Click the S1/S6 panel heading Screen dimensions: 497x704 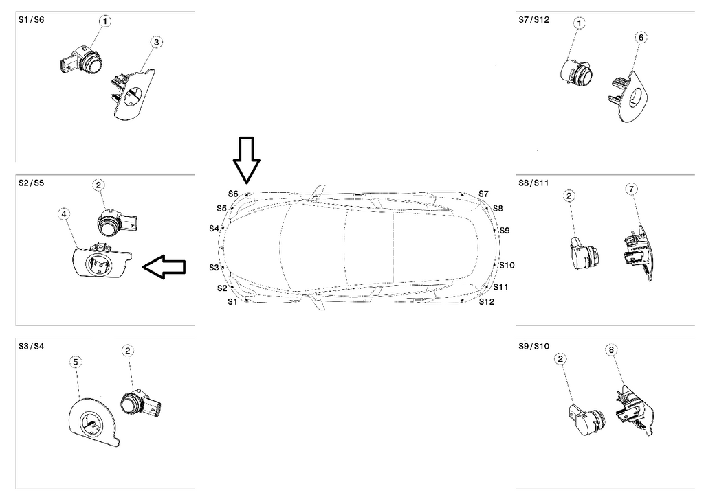click(x=31, y=21)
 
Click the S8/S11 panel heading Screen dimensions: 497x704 click(x=534, y=183)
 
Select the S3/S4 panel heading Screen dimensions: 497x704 click(x=31, y=345)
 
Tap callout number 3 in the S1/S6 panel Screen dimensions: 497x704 click(x=157, y=43)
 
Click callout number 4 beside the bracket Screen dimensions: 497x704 click(x=64, y=215)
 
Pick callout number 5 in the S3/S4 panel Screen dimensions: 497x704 click(x=76, y=362)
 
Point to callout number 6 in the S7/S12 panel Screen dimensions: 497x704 click(x=639, y=36)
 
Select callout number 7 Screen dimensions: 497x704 click(x=632, y=189)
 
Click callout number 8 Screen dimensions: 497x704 click(x=612, y=350)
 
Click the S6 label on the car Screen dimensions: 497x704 click(x=233, y=194)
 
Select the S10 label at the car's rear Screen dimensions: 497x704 click(x=507, y=265)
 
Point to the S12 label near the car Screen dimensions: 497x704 click(x=486, y=301)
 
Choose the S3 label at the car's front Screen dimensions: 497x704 click(x=214, y=267)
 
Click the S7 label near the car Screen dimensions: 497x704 click(x=483, y=194)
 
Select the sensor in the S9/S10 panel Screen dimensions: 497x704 click(x=586, y=418)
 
